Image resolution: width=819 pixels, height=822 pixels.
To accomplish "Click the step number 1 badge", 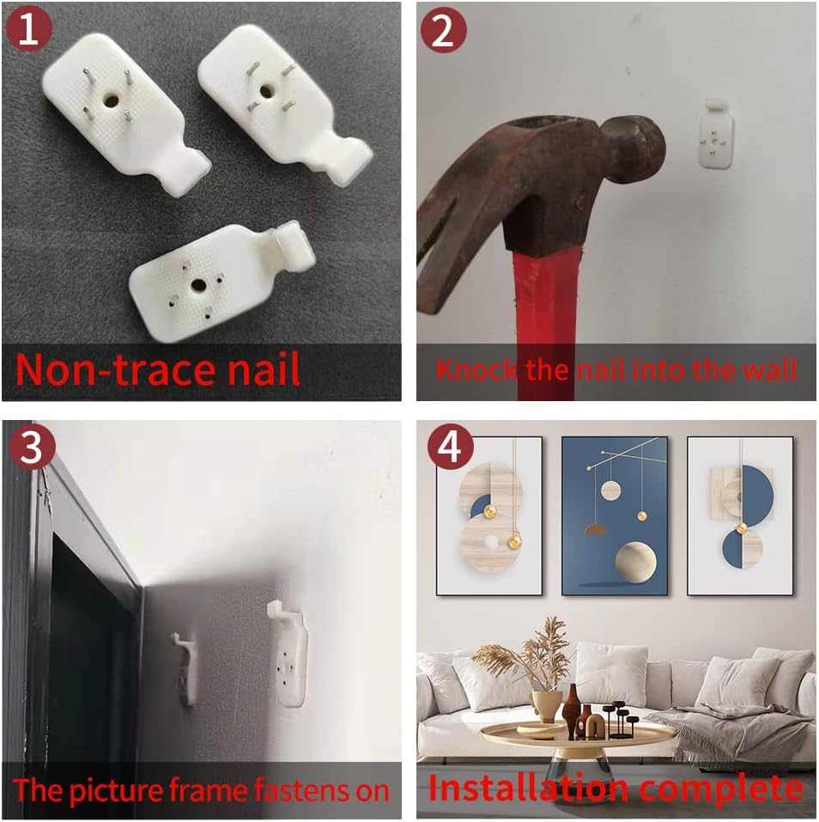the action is (29, 29).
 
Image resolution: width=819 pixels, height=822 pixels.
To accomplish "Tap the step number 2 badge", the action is (443, 30).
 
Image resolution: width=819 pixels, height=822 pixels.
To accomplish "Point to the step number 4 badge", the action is (450, 448).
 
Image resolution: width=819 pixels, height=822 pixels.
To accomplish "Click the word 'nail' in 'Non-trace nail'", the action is (264, 369).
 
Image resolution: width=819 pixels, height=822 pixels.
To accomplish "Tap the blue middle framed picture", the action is (615, 516).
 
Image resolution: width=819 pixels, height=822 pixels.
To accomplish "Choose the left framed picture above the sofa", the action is (489, 516).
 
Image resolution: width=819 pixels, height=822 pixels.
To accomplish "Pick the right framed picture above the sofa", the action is (740, 516).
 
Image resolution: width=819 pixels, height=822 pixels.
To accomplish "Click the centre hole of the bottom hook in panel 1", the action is (198, 285).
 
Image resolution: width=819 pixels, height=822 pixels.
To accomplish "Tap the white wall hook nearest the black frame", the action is (185, 668).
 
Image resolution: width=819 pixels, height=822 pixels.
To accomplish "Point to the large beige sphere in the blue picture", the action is (635, 562).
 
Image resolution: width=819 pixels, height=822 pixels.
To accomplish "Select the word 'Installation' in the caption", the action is (529, 788).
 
